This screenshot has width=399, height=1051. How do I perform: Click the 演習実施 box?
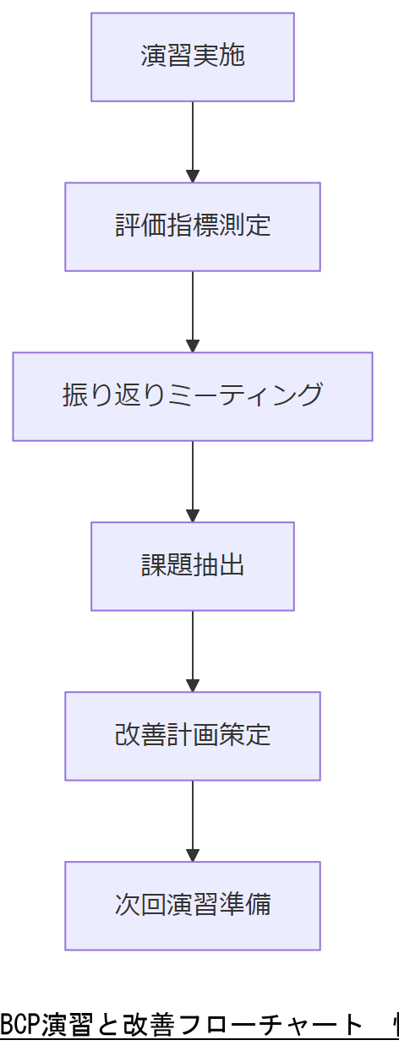[x=193, y=57]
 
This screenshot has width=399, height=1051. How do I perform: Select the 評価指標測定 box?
[x=193, y=226]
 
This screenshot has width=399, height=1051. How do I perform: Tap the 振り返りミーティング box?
[x=193, y=396]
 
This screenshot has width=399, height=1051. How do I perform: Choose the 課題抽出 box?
[x=193, y=566]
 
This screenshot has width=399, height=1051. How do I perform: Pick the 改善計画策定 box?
[x=193, y=736]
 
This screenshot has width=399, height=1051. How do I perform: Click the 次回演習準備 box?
[x=193, y=906]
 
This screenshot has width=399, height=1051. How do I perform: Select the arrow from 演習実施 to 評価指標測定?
[x=193, y=139]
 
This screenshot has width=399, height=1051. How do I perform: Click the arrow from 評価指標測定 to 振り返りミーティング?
[x=193, y=309]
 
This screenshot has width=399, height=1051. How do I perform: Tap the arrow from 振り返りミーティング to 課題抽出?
[x=193, y=479]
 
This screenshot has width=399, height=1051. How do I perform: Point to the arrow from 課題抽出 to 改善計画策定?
[x=193, y=649]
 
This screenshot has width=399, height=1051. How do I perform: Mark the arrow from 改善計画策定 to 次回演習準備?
[x=193, y=819]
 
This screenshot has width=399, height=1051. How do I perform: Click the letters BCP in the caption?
[x=16, y=1025]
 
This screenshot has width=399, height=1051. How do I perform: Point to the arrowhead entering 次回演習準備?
[x=193, y=854]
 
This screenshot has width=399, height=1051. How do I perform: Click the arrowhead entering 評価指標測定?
[x=193, y=176]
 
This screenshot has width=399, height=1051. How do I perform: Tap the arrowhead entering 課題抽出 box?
[x=193, y=515]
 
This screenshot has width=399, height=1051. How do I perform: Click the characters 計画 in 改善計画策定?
[x=193, y=736]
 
